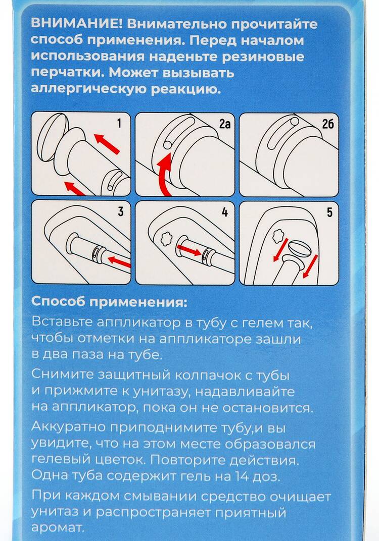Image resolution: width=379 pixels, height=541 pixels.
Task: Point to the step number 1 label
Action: [x=120, y=123]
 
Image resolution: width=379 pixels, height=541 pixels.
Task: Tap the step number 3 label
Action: [x=120, y=211]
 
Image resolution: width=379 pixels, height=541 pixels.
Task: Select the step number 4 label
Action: [x=224, y=211]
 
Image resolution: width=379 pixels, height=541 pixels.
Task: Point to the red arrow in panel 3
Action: [x=119, y=261]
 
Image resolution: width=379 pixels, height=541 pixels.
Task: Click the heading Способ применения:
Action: [x=109, y=302]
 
